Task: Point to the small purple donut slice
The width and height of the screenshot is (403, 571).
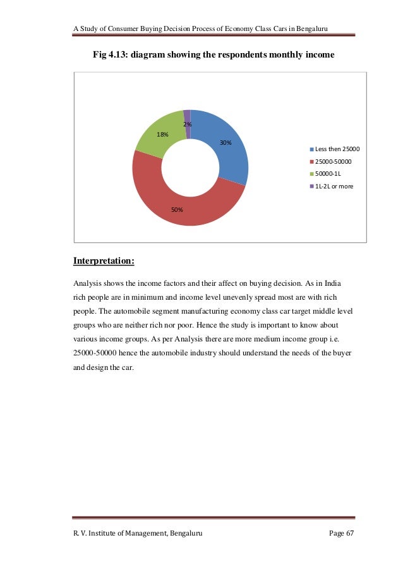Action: (187, 114)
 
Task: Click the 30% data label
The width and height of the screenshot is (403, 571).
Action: (226, 143)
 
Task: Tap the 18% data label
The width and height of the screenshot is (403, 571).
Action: (162, 135)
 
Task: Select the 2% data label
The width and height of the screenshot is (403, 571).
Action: (188, 125)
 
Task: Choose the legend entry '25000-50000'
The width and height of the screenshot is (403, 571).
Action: (333, 162)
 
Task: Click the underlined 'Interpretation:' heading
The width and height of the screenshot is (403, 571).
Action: (104, 261)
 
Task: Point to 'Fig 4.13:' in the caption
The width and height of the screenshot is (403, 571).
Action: (111, 55)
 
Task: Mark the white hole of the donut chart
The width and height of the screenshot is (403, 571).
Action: (190, 168)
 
